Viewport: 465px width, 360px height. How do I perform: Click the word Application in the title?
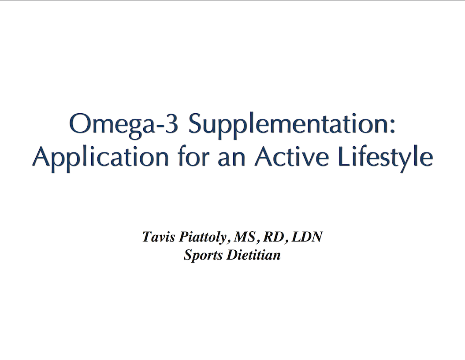(100, 158)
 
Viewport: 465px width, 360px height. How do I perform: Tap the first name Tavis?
(158, 237)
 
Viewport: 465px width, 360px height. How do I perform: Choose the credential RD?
(273, 237)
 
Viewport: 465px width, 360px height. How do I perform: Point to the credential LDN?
(307, 237)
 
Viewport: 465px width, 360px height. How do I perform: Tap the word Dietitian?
(253, 255)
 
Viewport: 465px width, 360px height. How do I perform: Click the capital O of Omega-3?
(80, 123)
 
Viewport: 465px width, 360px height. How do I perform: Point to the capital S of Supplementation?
(196, 123)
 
